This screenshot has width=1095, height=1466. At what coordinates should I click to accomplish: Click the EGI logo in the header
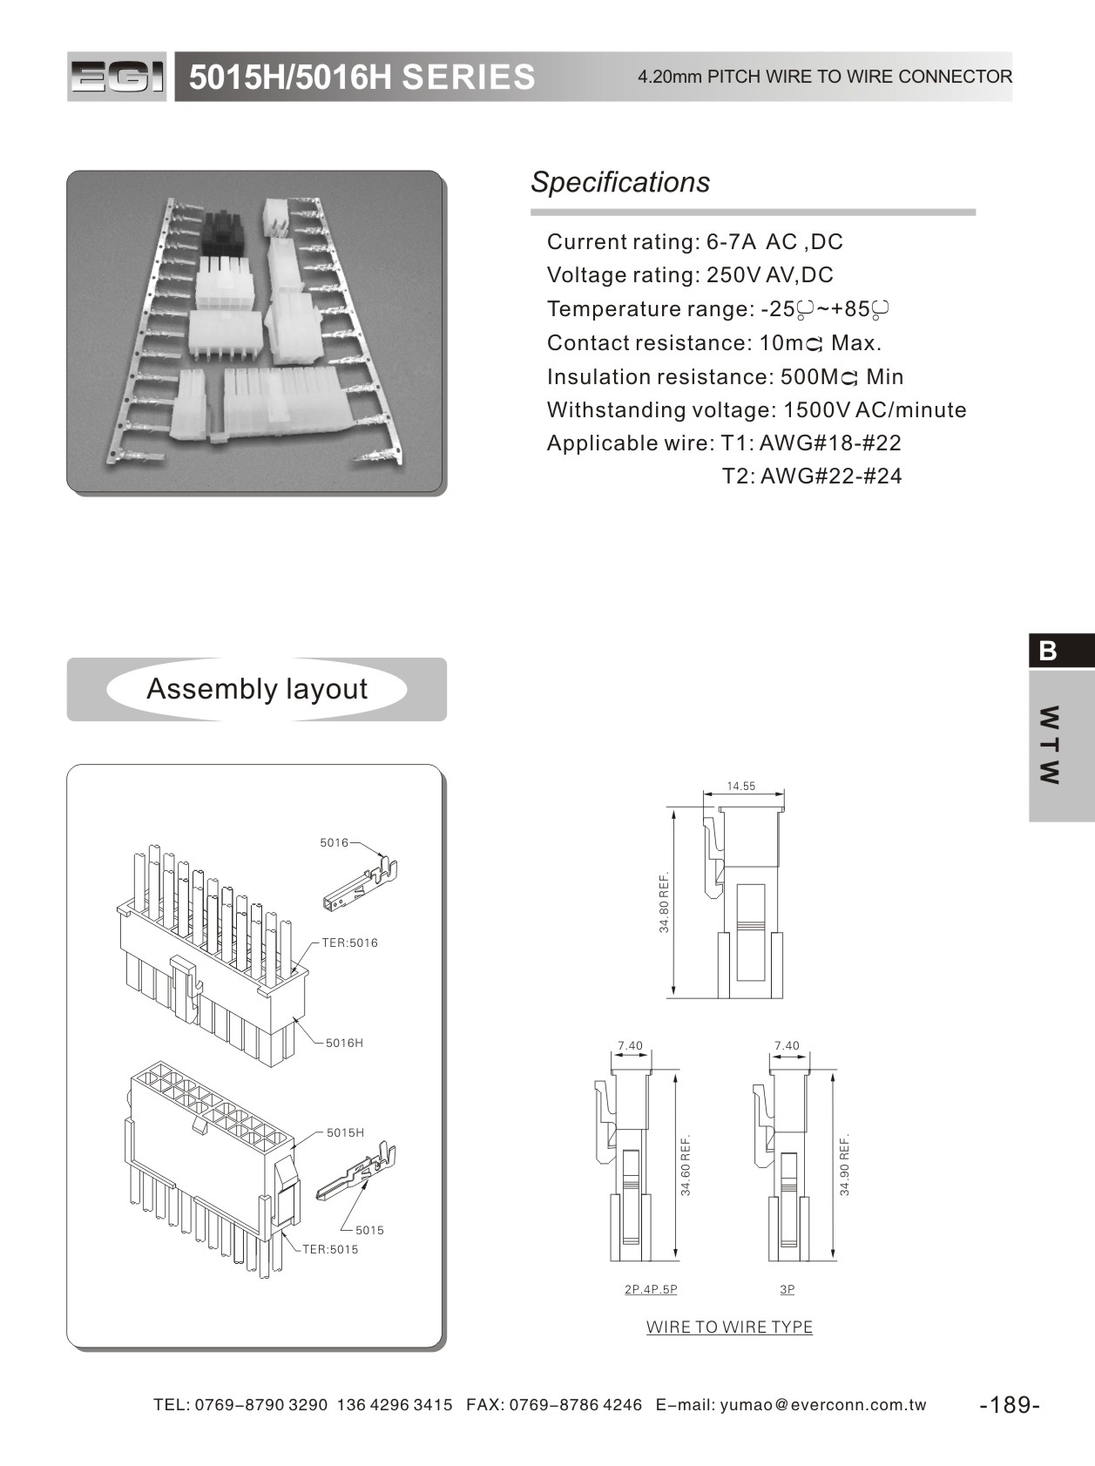click(x=117, y=77)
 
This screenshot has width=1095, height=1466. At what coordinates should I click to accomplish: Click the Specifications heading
click(x=620, y=182)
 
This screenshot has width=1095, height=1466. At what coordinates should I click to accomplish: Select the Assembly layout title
click(x=257, y=689)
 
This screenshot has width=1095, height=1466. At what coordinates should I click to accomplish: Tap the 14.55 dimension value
click(x=741, y=786)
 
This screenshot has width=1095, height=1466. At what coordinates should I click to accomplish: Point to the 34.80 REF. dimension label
click(x=665, y=902)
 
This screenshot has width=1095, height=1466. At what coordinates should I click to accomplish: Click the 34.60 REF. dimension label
click(x=686, y=1165)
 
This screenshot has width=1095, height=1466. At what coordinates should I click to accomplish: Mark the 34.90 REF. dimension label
click(x=844, y=1164)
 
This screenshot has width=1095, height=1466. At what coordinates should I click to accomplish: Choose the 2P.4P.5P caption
click(x=651, y=1289)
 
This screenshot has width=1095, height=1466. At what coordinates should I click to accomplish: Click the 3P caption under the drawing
click(x=787, y=1289)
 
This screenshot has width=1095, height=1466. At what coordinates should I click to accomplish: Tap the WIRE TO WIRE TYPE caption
click(x=729, y=1327)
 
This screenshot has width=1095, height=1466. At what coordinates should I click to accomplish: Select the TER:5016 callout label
click(x=350, y=942)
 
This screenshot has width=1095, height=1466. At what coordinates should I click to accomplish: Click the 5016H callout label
click(x=344, y=1043)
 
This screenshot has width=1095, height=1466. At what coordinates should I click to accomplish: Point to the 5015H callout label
click(x=345, y=1132)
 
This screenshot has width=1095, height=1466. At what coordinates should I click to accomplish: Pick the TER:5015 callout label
click(x=330, y=1249)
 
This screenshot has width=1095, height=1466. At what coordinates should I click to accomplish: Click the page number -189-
click(x=1010, y=1404)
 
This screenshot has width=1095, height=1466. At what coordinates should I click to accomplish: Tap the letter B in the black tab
click(x=1048, y=651)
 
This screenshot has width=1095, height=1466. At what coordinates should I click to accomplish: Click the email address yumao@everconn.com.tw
click(x=823, y=1404)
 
